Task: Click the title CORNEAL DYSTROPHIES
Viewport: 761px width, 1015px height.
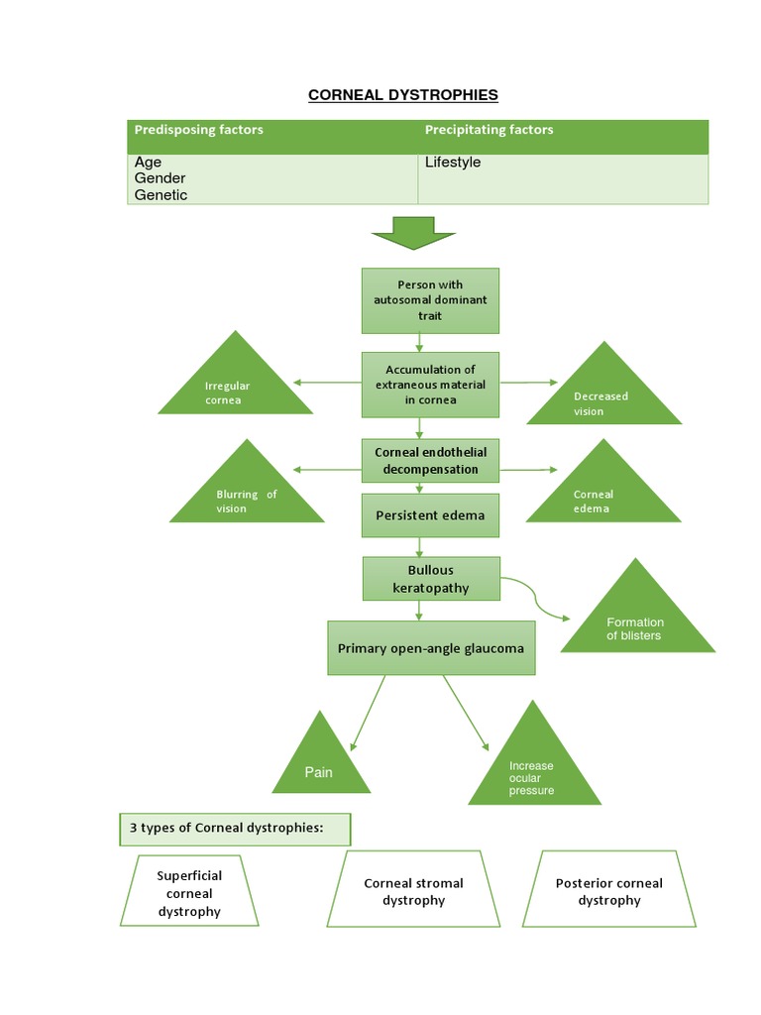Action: point(402,95)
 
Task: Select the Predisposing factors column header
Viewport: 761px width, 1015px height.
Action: point(198,130)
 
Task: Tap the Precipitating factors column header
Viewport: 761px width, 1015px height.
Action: point(489,130)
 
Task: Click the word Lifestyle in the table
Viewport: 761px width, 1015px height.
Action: point(453,162)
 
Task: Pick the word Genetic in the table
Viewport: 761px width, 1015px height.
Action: point(161,195)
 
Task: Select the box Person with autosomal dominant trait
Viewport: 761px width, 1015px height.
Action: point(430,299)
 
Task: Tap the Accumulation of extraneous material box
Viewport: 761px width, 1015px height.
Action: point(430,385)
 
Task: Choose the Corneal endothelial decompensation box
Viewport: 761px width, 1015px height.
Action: point(430,460)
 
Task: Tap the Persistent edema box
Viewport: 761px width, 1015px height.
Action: point(430,515)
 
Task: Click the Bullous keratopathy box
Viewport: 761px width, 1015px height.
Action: point(430,579)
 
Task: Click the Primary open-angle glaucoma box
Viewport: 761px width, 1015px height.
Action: point(430,648)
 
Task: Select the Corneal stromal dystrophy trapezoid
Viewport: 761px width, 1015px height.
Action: point(413,890)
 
